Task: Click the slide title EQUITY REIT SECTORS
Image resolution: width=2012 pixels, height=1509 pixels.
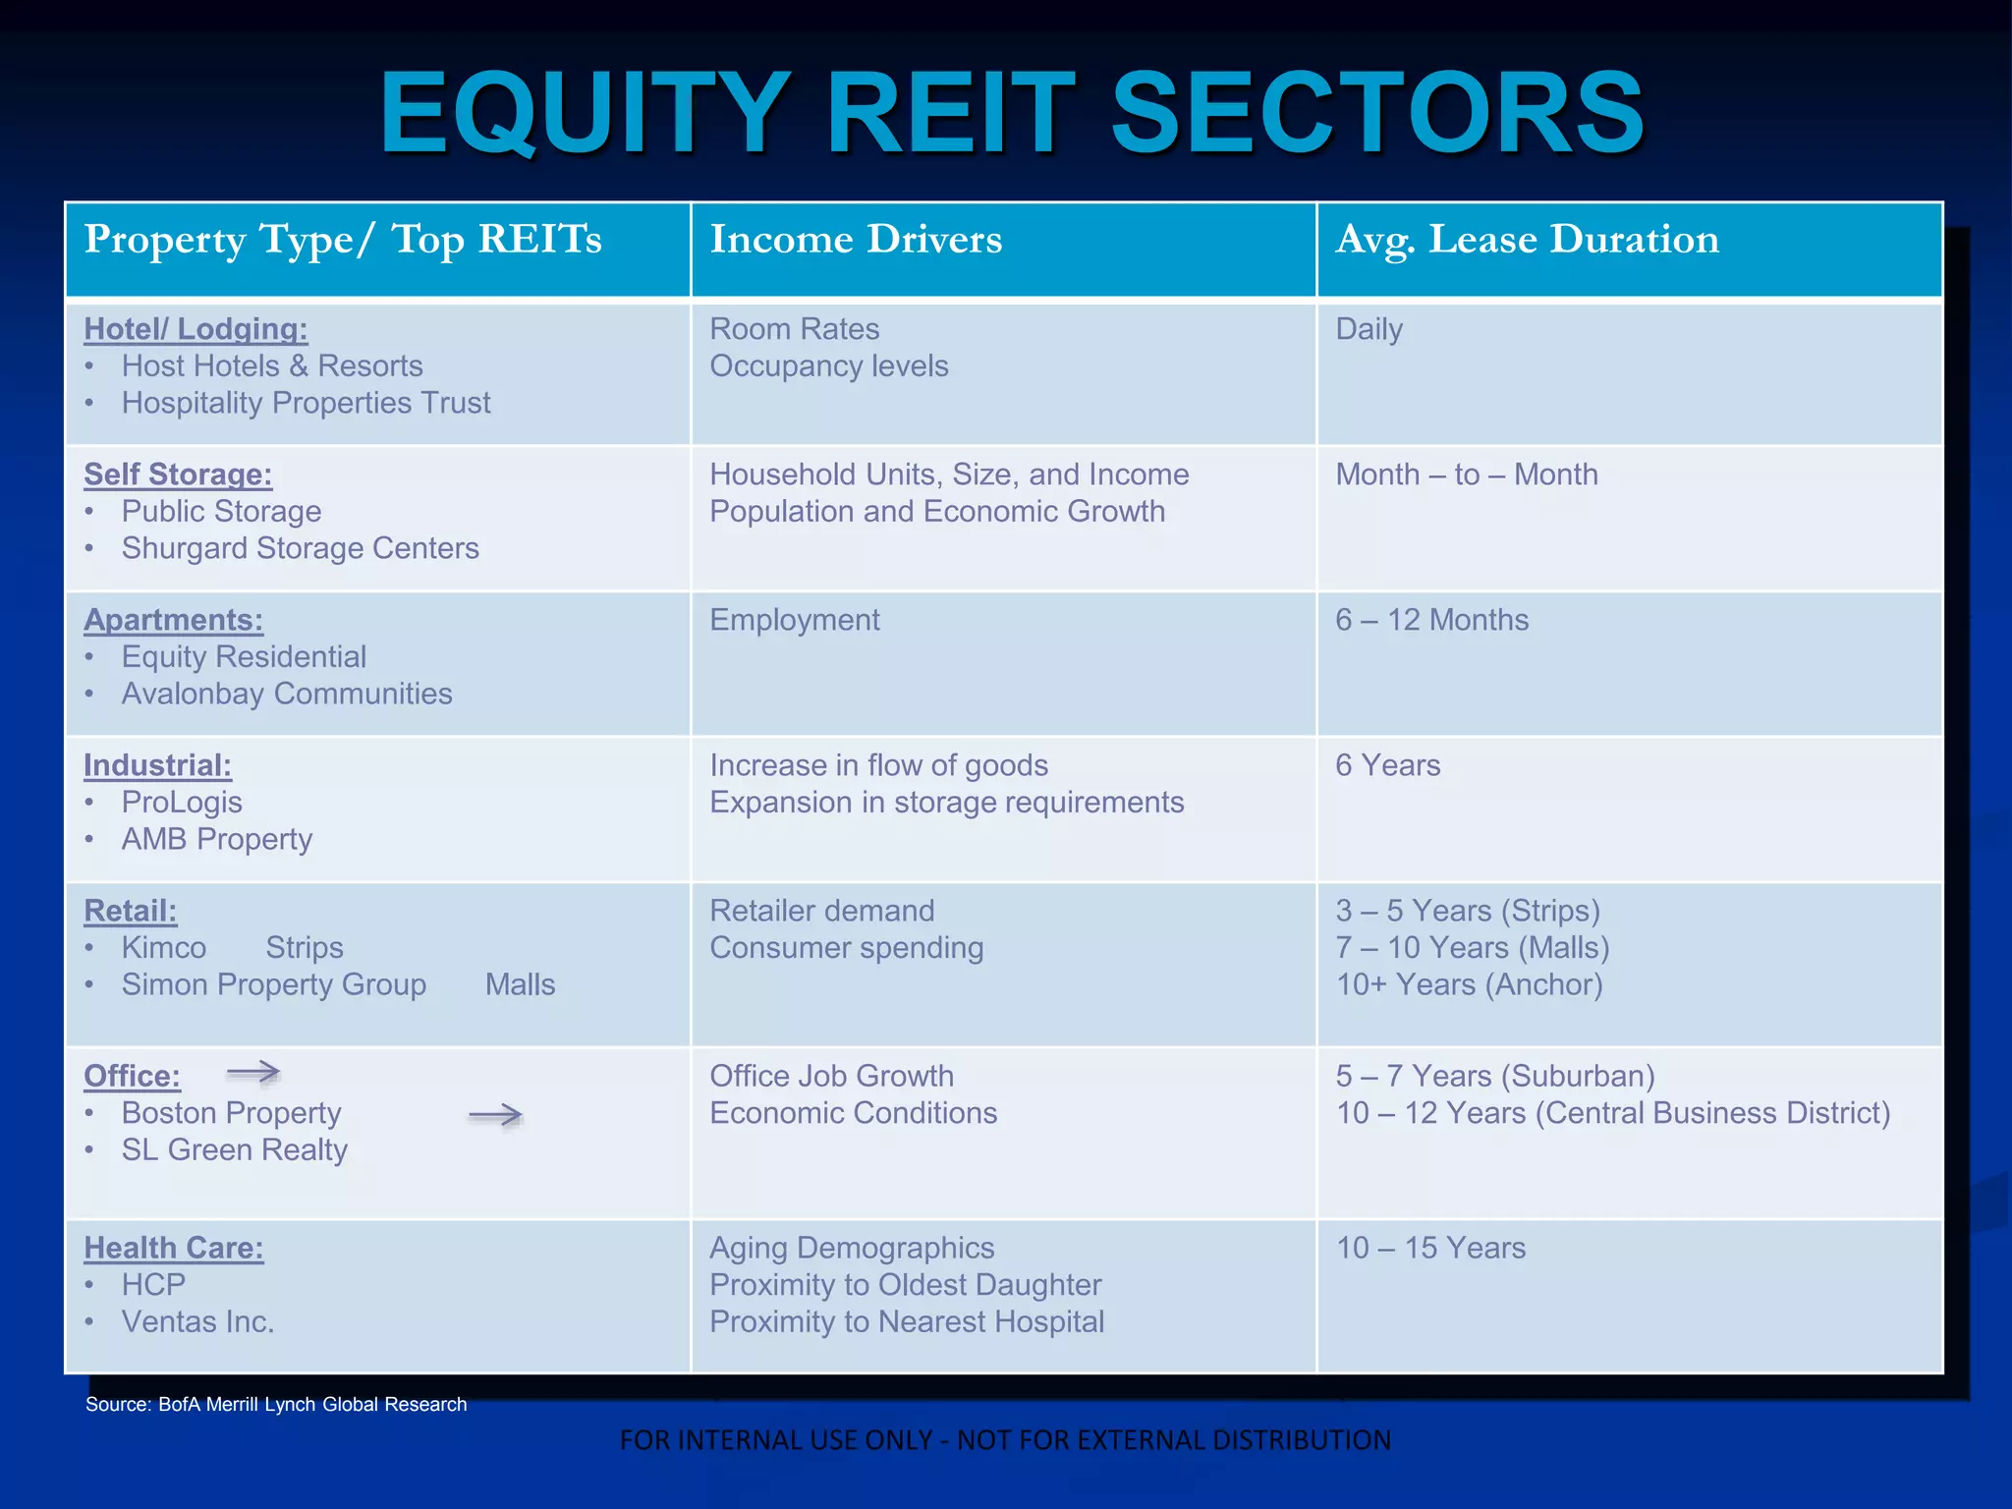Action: click(x=1012, y=113)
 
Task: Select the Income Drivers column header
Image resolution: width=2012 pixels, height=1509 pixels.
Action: click(x=856, y=240)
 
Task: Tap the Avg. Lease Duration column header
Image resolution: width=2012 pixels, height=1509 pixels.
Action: click(x=1527, y=240)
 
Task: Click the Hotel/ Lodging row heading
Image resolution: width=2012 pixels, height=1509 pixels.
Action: click(x=196, y=329)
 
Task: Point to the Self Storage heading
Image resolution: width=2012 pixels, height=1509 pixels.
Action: click(x=178, y=475)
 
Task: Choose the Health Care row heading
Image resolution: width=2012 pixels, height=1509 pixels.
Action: click(x=174, y=1248)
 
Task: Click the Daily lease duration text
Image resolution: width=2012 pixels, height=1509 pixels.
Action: click(x=1369, y=329)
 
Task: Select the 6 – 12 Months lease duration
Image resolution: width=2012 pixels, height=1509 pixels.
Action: click(x=1431, y=620)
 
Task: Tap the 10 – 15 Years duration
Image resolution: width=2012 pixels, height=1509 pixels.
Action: click(x=1430, y=1248)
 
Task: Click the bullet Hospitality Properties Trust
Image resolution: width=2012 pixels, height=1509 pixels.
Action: click(x=306, y=403)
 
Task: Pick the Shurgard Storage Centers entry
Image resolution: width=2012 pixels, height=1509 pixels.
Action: click(x=300, y=548)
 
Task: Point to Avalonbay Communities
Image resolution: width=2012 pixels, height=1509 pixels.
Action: click(x=287, y=694)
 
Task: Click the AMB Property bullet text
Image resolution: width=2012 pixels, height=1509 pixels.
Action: click(x=217, y=839)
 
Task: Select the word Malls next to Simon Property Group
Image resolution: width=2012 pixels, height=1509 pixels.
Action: click(x=520, y=984)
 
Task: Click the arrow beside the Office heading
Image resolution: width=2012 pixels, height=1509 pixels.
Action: click(x=253, y=1072)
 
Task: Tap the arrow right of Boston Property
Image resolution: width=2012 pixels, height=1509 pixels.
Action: click(x=495, y=1115)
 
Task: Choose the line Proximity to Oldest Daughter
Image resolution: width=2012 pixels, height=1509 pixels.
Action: click(x=905, y=1285)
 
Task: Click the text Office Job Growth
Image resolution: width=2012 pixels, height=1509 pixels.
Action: click(x=831, y=1076)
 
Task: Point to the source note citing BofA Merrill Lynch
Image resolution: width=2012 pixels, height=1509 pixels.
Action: click(x=276, y=1404)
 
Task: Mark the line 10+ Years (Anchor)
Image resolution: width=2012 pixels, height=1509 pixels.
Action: click(x=1469, y=984)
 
